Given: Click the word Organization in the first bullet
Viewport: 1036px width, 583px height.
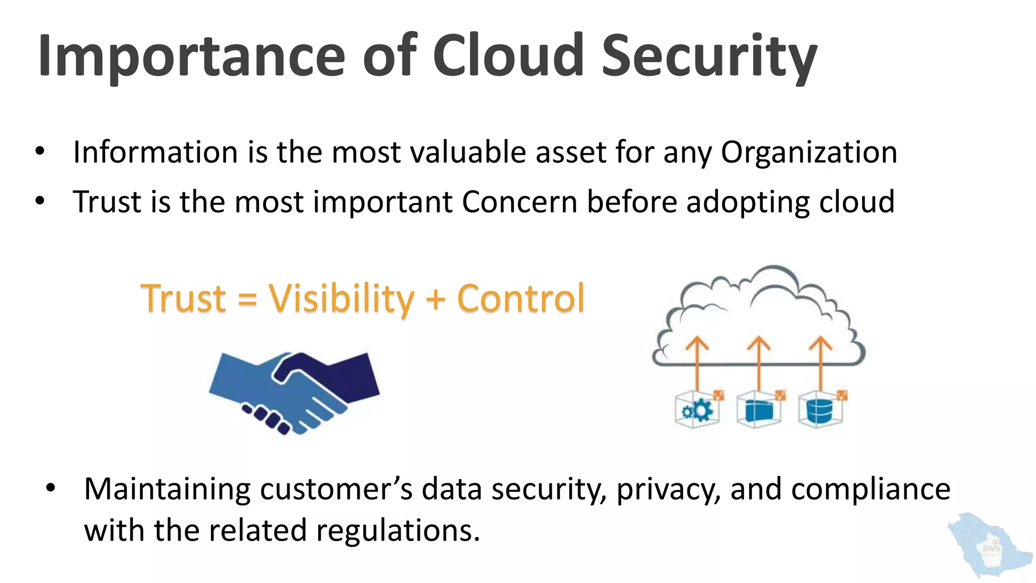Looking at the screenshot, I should click(x=809, y=152).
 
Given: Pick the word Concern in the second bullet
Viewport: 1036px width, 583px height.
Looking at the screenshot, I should click(x=520, y=202).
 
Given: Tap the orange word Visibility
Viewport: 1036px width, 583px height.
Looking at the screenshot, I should click(x=341, y=299).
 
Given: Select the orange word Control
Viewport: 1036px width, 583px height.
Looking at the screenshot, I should click(x=521, y=299).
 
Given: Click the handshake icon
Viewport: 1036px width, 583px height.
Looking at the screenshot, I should click(x=294, y=392).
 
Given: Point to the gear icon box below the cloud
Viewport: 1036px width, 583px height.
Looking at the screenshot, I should click(x=698, y=410).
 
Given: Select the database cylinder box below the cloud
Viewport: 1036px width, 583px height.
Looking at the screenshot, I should click(x=821, y=410).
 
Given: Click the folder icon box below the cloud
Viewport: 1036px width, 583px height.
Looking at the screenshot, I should click(x=759, y=410).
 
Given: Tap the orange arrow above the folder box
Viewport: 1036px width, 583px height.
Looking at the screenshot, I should click(x=759, y=362).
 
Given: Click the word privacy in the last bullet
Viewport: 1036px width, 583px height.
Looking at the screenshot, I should click(x=668, y=490).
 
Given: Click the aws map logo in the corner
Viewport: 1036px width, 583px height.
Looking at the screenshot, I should click(x=988, y=546).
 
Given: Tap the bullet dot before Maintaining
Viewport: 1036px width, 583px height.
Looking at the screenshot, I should click(x=50, y=489).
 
